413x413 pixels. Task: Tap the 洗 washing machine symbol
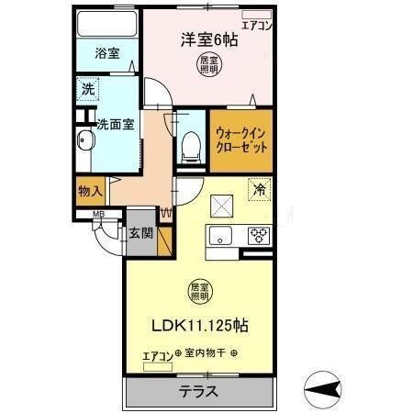[87, 90]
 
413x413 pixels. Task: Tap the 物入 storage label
[89, 191]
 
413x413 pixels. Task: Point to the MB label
[96, 217]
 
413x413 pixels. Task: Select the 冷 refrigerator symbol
[260, 192]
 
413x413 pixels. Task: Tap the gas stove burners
[259, 234]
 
